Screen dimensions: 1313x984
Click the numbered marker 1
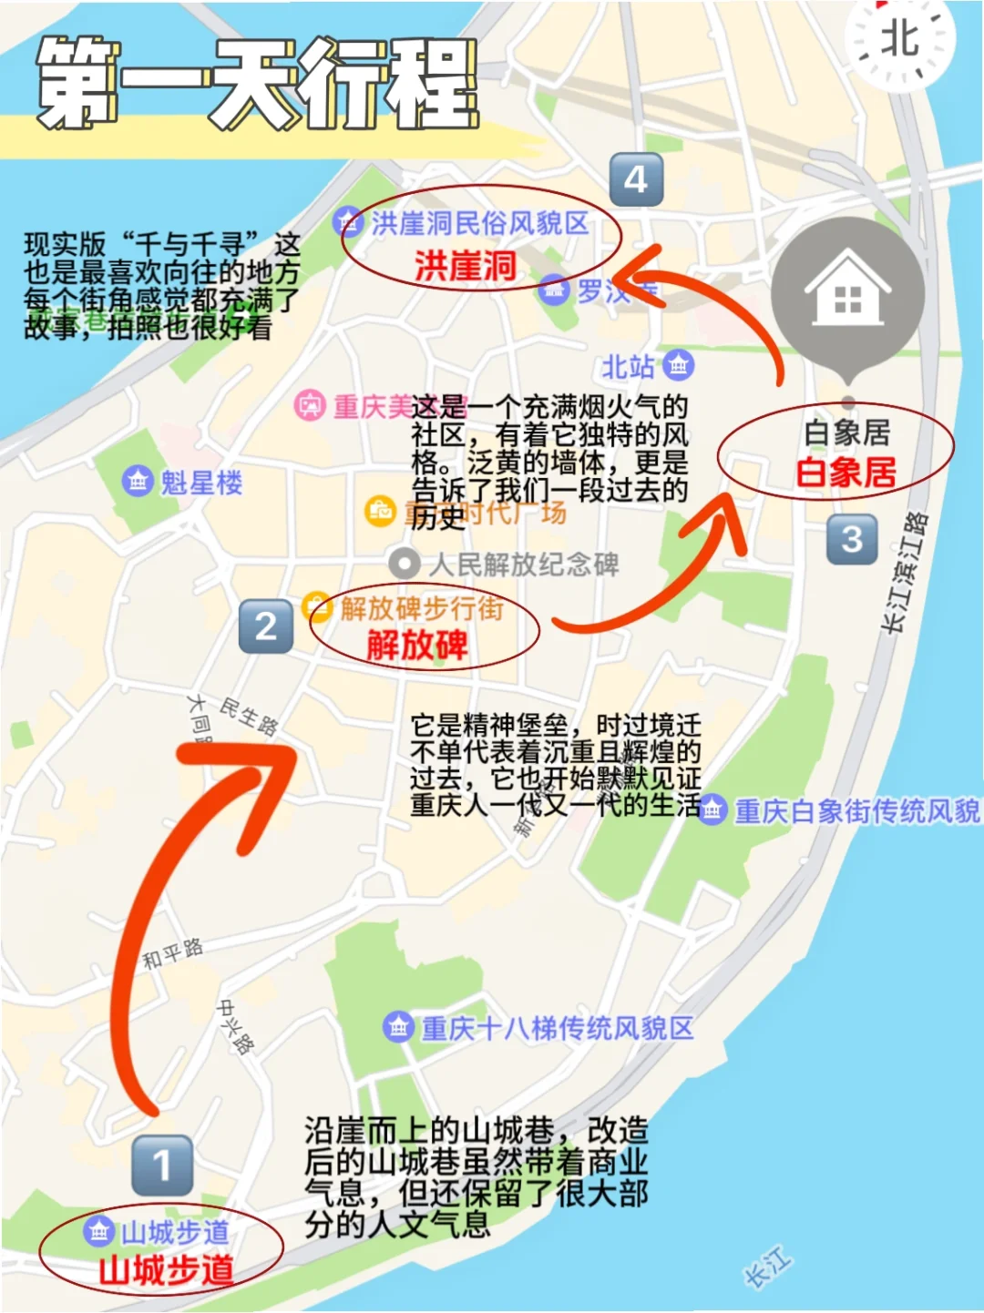pyautogui.click(x=162, y=1165)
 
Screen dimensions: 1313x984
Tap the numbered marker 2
pyautogui.click(x=266, y=626)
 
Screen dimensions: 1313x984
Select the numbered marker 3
pyautogui.click(x=852, y=539)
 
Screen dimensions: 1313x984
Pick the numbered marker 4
pyautogui.click(x=636, y=179)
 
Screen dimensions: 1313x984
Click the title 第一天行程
pyautogui.click(x=257, y=84)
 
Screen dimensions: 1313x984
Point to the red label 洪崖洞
pyautogui.click(x=465, y=266)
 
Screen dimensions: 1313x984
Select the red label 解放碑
pyautogui.click(x=416, y=646)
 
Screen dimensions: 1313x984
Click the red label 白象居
pyautogui.click(x=846, y=473)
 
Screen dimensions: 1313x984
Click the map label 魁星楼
pyautogui.click(x=201, y=483)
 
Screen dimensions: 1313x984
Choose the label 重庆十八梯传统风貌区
pyautogui.click(x=557, y=1028)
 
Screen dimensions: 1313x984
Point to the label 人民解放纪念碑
pyautogui.click(x=524, y=565)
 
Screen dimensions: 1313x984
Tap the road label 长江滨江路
pyautogui.click(x=906, y=572)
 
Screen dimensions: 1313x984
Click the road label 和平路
pyautogui.click(x=172, y=952)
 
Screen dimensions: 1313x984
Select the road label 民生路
pyautogui.click(x=248, y=716)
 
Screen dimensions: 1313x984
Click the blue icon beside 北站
pyautogui.click(x=678, y=366)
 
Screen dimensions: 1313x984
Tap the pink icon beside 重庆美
pyautogui.click(x=310, y=405)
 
